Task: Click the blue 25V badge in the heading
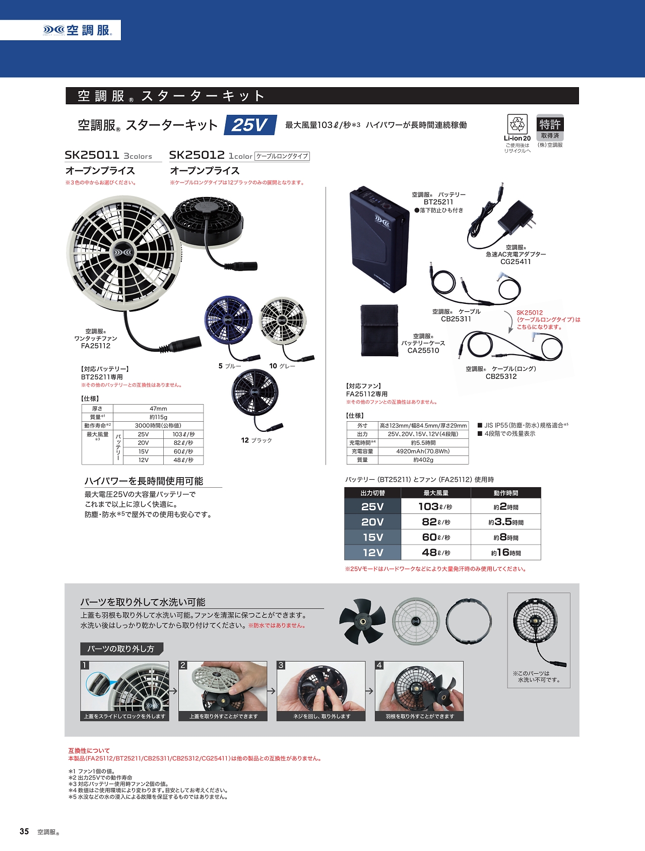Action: point(250,125)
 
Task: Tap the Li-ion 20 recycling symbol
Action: point(517,124)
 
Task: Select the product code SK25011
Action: point(92,155)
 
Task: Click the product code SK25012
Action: point(197,155)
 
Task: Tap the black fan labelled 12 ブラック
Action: point(255,396)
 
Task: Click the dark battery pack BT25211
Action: point(379,240)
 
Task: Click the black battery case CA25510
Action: point(379,330)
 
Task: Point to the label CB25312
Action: point(501,376)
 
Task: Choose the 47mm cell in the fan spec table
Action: point(158,409)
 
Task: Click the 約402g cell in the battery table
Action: point(423,460)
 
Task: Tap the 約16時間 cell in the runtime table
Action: point(506,553)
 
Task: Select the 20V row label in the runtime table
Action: point(372,522)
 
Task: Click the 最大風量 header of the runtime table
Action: point(436,493)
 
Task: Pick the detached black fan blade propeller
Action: point(362,622)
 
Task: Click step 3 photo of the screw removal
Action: point(321,691)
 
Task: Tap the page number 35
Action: point(24,832)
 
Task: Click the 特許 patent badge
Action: point(550,124)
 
